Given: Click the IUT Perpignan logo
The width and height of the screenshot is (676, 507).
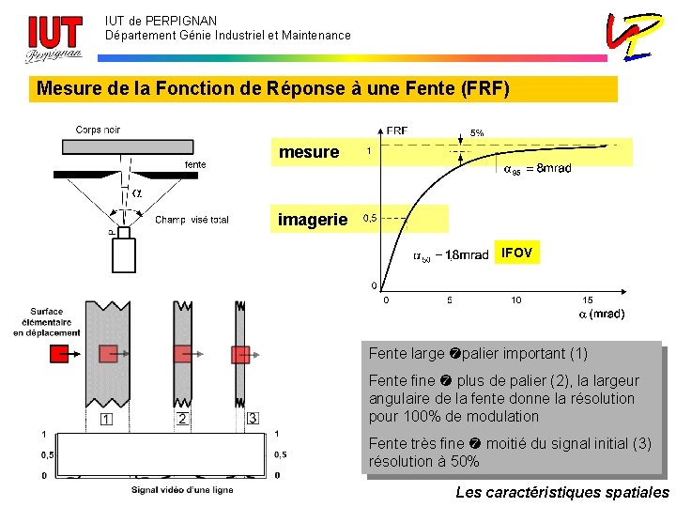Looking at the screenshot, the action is tap(53, 39).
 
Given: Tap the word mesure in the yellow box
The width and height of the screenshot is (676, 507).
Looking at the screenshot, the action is tap(309, 152).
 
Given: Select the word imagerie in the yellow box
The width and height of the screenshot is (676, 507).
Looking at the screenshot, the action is tap(313, 220).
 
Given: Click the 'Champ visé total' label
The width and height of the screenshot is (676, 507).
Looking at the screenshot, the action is tap(192, 221).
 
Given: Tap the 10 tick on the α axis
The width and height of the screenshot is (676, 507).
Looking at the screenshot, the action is tap(515, 300).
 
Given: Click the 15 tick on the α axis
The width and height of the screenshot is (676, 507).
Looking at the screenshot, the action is tap(588, 300).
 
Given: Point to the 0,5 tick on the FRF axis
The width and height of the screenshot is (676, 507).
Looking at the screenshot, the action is tap(370, 218).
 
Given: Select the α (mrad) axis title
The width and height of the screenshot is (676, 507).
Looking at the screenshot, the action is tap(602, 314).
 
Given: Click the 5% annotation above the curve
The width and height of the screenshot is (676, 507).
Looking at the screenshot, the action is tap(477, 133).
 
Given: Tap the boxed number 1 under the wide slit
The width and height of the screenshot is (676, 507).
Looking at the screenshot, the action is tap(107, 419).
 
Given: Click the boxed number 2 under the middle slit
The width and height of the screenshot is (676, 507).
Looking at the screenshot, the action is tap(182, 419).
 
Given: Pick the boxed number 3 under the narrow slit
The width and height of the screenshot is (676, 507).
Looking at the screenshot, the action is tap(252, 418).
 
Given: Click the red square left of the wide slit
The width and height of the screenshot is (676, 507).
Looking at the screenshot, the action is tap(60, 354).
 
